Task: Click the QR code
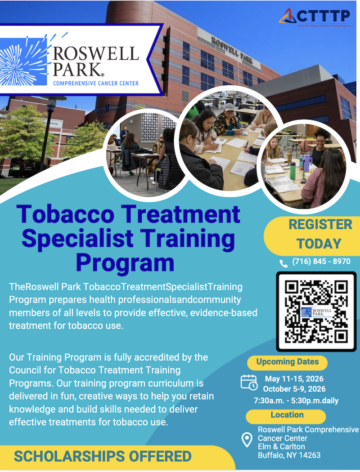316,312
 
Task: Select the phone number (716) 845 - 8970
321,262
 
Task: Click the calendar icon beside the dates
249,382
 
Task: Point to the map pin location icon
247,440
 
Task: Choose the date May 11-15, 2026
294,378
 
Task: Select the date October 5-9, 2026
294,389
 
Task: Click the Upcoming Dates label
287,362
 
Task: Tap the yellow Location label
287,415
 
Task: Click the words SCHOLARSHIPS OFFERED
103,456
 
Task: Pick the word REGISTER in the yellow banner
320,224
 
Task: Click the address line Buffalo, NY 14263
289,455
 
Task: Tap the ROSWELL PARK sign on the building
232,49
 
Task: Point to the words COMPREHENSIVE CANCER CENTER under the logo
96,83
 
